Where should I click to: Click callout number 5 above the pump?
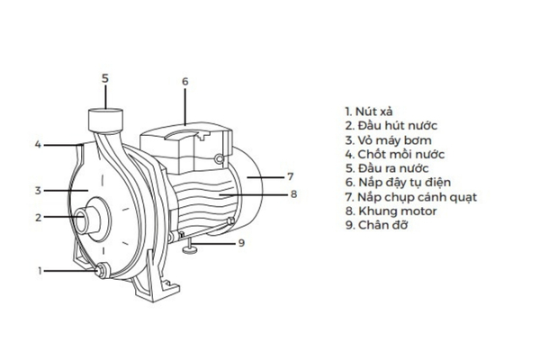pyautogui.click(x=104, y=78)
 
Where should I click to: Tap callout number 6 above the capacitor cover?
pyautogui.click(x=184, y=82)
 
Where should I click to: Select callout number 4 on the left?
pyautogui.click(x=38, y=144)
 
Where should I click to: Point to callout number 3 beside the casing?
pyautogui.click(x=38, y=190)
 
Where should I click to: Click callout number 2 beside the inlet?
pyautogui.click(x=38, y=217)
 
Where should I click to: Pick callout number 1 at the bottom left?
pyautogui.click(x=40, y=270)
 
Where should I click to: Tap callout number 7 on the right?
pyautogui.click(x=291, y=176)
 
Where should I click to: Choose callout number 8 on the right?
pyautogui.click(x=293, y=193)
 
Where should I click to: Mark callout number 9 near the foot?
pyautogui.click(x=240, y=242)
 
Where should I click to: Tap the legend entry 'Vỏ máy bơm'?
pyautogui.click(x=388, y=139)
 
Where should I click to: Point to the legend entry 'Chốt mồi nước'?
pyautogui.click(x=394, y=154)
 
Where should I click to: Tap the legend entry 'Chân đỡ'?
pyautogui.click(x=377, y=225)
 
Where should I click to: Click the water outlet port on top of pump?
pyautogui.click(x=105, y=118)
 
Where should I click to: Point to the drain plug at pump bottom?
pyautogui.click(x=100, y=268)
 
